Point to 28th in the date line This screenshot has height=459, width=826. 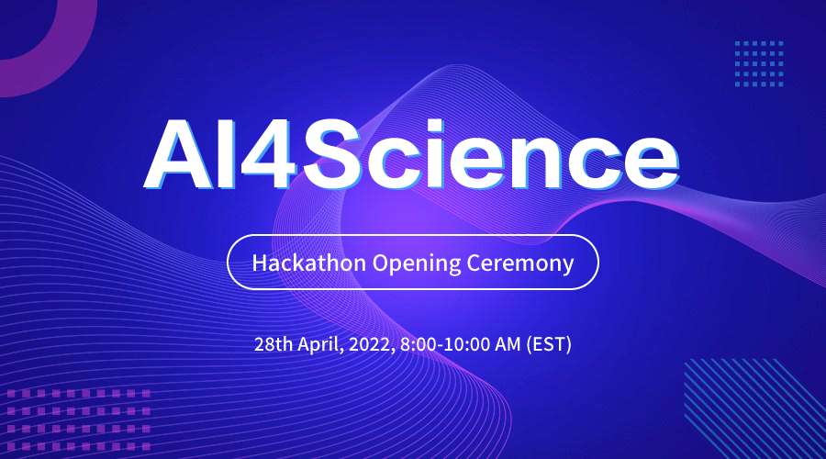tap(273, 345)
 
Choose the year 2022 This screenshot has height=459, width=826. tap(374, 345)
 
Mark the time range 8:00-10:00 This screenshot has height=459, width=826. tap(451, 345)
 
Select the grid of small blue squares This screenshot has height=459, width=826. tap(759, 63)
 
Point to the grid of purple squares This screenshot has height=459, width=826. tap(77, 417)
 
